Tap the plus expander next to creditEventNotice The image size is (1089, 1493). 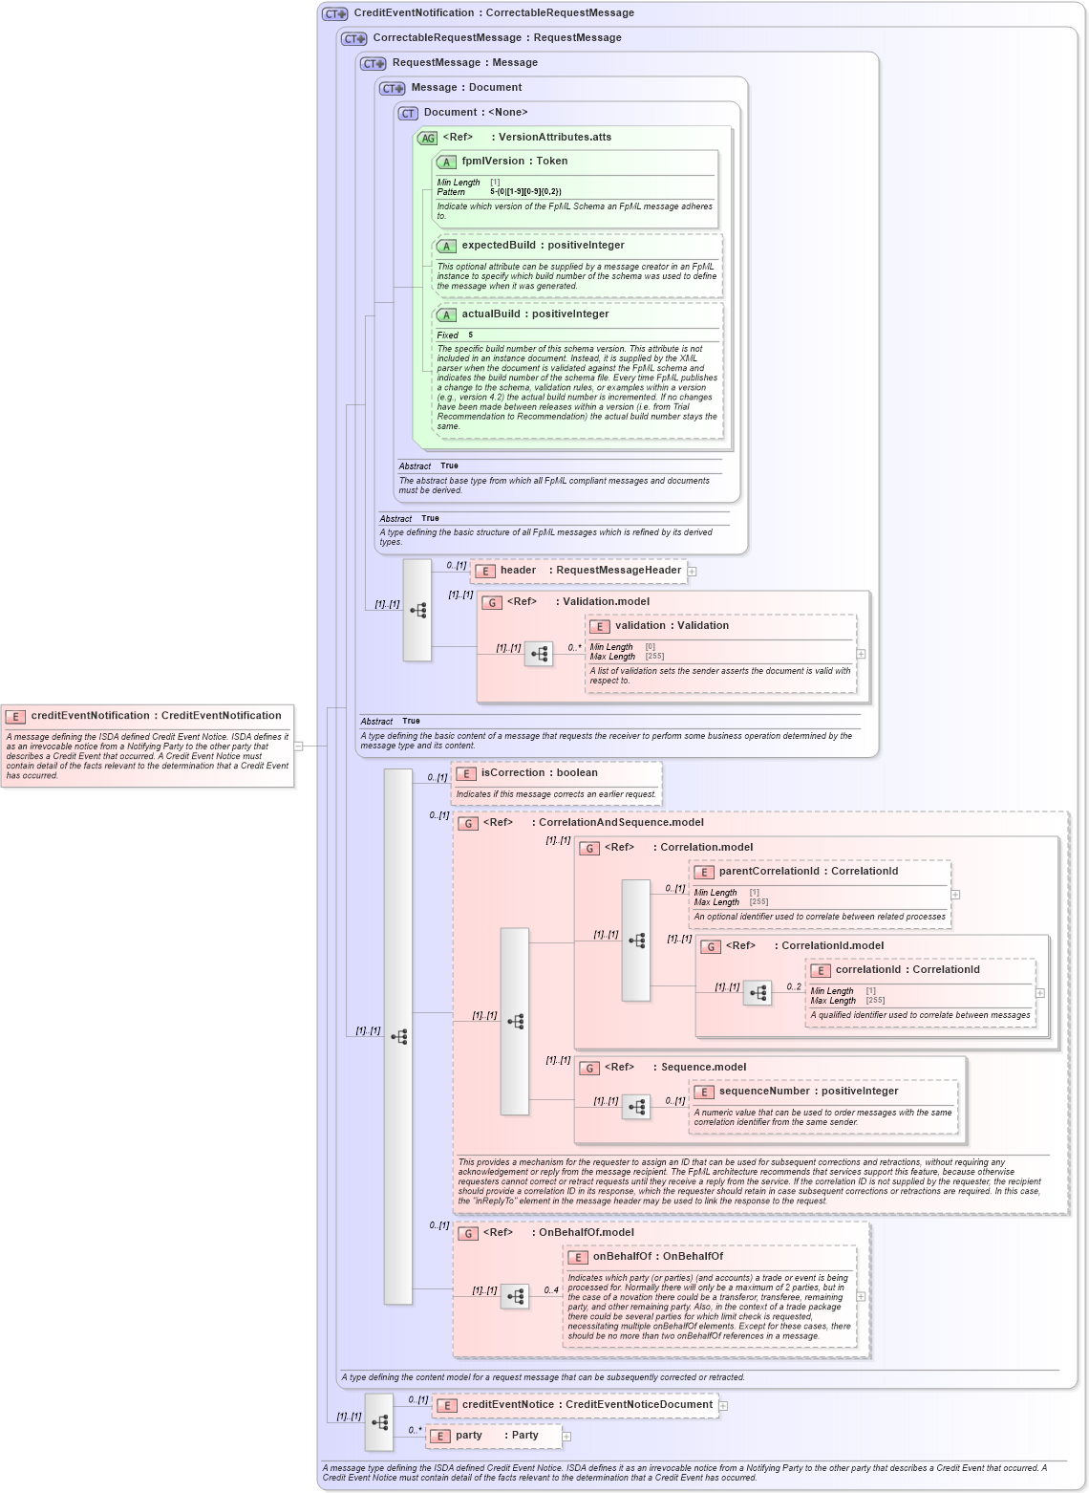(x=723, y=1406)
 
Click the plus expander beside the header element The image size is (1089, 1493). (x=692, y=572)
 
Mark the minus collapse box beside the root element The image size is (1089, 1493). (x=298, y=746)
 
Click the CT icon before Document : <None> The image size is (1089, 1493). (x=408, y=113)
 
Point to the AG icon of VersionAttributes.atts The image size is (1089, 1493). (x=427, y=138)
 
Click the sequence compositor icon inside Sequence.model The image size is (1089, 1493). (x=636, y=1107)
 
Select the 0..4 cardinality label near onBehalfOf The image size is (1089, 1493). (x=551, y=1290)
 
